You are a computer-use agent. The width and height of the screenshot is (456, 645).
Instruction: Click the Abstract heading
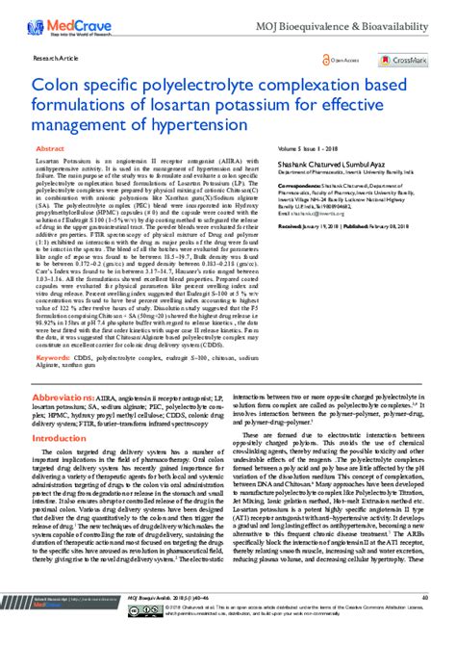50,150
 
